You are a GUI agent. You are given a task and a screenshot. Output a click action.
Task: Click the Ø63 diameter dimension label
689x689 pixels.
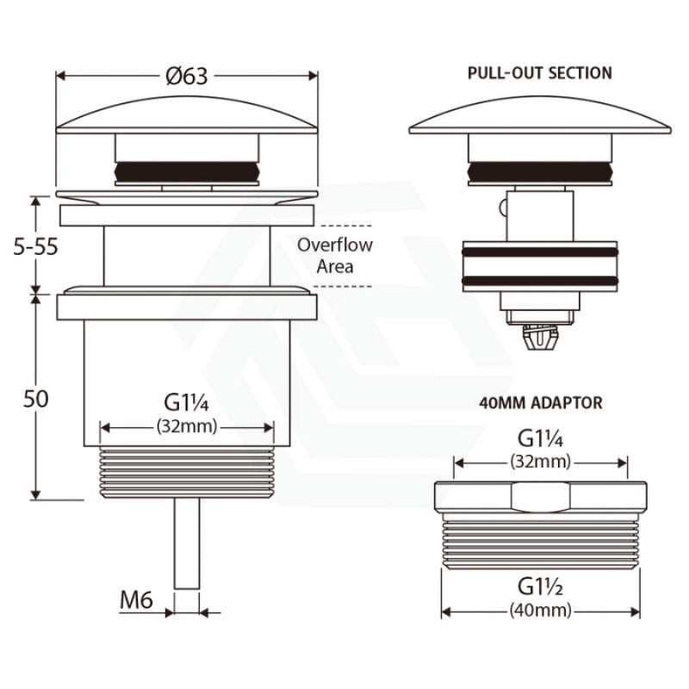(186, 77)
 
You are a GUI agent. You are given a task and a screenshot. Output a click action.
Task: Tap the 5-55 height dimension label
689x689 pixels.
(35, 247)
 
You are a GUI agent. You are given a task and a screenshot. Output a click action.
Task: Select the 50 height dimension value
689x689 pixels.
(35, 400)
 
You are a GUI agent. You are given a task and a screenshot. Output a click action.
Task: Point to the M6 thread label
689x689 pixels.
(136, 600)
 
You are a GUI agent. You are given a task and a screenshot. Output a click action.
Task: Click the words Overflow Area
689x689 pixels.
(335, 256)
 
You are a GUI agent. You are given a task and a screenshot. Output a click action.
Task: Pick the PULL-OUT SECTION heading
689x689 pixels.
(540, 73)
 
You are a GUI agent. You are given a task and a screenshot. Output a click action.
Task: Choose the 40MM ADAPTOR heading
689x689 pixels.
(541, 403)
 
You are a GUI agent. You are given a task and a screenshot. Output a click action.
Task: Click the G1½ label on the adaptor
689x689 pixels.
(540, 587)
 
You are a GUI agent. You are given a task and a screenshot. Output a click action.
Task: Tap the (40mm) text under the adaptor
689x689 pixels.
(541, 611)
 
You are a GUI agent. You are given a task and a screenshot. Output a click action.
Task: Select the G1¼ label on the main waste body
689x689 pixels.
(186, 403)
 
